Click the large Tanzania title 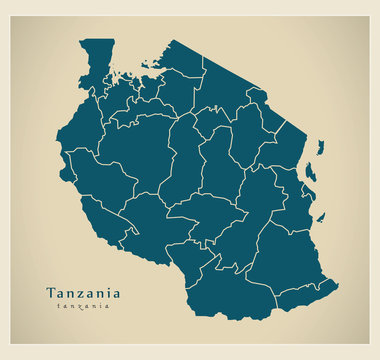click(x=83, y=293)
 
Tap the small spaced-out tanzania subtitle click(x=84, y=306)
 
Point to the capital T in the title click(x=51, y=293)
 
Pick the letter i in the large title click(x=107, y=293)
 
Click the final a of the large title click(x=116, y=294)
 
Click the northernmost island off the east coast click(x=321, y=148)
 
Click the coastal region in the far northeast click(x=290, y=150)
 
